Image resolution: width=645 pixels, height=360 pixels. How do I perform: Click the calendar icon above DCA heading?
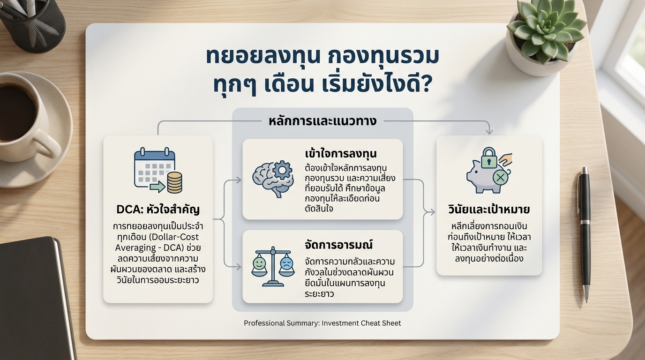(155, 168)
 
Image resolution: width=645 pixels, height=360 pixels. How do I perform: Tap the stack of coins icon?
(174, 183)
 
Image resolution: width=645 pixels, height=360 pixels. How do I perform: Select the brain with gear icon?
(272, 178)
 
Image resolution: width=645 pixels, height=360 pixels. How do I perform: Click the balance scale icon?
(273, 266)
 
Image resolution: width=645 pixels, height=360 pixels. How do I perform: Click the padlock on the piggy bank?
(489, 157)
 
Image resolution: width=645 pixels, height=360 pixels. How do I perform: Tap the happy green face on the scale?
(259, 263)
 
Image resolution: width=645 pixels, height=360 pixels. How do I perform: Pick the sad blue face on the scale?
(286, 263)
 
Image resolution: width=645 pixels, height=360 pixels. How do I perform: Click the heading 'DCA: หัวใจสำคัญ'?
(158, 210)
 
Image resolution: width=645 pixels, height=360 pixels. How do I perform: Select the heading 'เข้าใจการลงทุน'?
(341, 153)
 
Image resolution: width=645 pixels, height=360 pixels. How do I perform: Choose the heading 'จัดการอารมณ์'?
(338, 245)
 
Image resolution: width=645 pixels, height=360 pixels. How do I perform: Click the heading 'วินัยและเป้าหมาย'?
(489, 210)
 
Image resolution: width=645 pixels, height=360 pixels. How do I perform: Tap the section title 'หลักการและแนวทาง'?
(322, 121)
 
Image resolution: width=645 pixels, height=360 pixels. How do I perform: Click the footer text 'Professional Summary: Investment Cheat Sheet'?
(322, 323)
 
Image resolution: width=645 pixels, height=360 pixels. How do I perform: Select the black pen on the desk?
(584, 235)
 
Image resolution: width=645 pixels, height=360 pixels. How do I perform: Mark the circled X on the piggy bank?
(501, 177)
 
